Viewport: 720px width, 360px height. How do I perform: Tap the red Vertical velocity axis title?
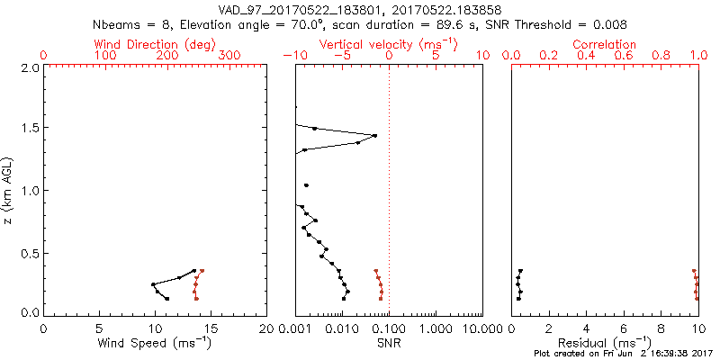(388, 44)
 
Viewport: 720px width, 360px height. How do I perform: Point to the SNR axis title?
(388, 343)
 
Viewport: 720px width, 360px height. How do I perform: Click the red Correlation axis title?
(605, 44)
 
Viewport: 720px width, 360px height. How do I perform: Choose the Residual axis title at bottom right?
(605, 343)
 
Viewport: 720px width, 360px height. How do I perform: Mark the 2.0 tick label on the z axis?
(28, 67)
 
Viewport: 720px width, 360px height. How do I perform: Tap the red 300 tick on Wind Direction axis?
(229, 56)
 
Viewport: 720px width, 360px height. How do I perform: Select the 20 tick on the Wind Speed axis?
(266, 328)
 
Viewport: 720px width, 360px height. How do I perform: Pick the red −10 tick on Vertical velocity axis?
(292, 56)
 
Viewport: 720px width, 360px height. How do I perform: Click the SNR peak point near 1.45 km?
(374, 136)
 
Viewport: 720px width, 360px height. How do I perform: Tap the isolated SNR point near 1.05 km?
(307, 185)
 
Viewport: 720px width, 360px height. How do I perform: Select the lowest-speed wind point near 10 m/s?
(153, 284)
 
